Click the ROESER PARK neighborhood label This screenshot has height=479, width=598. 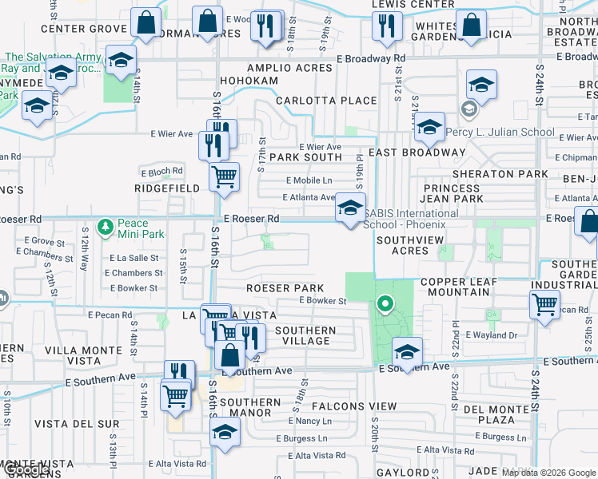285,288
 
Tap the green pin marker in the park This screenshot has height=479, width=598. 385,303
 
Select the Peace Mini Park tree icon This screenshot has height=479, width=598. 105,228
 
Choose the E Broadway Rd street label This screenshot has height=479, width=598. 371,58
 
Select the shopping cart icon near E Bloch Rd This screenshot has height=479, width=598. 225,175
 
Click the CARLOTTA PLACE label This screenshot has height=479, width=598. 326,101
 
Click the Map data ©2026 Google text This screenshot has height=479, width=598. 548,473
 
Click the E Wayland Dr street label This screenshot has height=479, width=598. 491,335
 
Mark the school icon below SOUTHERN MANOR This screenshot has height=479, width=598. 225,432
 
